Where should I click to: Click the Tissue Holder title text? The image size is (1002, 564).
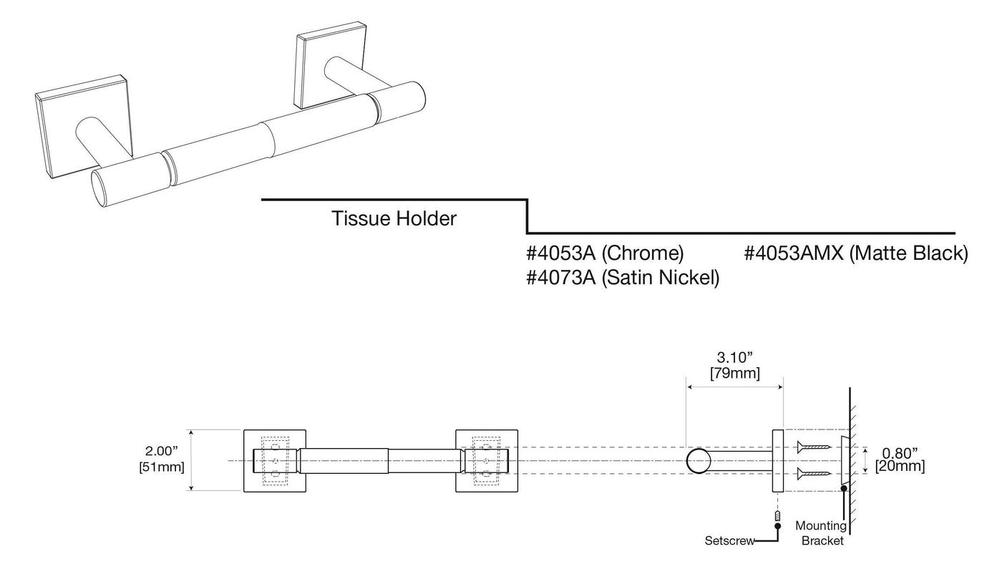pos(394,219)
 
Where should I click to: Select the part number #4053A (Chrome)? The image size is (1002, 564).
pos(605,253)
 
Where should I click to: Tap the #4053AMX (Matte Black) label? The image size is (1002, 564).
pos(856,253)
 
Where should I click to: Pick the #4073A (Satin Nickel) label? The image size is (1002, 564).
pos(623,278)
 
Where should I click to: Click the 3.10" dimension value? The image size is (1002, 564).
pos(735,357)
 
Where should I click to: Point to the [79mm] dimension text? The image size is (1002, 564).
pos(735,373)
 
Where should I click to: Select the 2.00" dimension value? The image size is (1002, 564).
pos(162,451)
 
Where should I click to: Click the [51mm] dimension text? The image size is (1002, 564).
pos(162,467)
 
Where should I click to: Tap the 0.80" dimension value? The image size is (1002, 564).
pos(900,454)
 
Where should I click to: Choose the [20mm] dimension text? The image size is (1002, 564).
pos(900,466)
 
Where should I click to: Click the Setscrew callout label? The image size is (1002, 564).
pos(729,541)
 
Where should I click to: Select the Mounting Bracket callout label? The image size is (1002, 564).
pos(822,533)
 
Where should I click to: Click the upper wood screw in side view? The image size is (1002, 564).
pos(814,447)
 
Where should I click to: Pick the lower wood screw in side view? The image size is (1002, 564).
pos(814,473)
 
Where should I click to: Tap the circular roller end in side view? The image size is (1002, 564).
pos(699,461)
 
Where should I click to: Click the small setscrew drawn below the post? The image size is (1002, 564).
pos(777,516)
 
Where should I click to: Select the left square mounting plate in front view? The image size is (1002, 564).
pos(275,461)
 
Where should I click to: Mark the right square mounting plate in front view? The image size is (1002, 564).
pos(487,461)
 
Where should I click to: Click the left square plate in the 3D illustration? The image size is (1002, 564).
pos(84,127)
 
